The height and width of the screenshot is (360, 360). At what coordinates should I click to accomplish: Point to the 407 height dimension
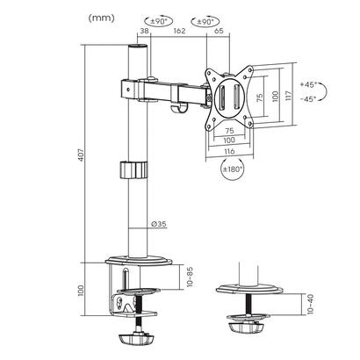tap(83, 157)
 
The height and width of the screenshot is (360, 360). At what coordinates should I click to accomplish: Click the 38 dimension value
tap(144, 32)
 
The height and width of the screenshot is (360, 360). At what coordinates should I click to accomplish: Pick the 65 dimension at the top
tap(219, 32)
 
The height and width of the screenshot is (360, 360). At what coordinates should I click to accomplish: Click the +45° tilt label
tap(310, 84)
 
